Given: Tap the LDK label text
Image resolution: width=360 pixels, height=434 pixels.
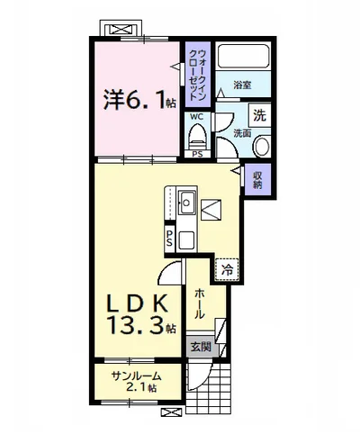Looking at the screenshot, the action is [x=138, y=303].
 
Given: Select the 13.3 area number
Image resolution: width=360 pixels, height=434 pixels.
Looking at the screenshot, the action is [x=137, y=325].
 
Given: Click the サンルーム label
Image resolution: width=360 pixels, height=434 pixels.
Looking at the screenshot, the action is [x=137, y=375].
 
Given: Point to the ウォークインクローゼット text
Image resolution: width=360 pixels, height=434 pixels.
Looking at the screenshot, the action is [x=198, y=75].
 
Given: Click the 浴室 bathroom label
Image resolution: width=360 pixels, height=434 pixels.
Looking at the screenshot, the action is [x=242, y=85].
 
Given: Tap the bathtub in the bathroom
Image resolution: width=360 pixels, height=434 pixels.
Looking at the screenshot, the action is [x=243, y=57].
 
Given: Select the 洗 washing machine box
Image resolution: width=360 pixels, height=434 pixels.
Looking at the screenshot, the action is [x=259, y=115].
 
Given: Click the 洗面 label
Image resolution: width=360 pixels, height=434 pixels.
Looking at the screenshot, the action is [x=242, y=133].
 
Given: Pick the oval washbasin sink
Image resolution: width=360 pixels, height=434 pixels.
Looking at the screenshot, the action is [x=262, y=146].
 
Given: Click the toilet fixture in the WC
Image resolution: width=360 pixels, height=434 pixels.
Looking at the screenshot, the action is [x=197, y=137].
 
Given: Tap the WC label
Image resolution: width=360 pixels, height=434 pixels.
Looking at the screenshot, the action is [x=197, y=116].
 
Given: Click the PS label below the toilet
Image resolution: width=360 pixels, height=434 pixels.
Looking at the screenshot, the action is [x=197, y=154].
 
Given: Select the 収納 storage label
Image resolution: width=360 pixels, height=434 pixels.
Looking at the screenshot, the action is [x=257, y=180].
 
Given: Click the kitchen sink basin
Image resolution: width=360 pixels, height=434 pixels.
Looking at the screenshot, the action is [x=186, y=203].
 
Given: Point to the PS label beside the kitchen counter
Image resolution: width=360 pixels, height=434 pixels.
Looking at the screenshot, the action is [x=169, y=239].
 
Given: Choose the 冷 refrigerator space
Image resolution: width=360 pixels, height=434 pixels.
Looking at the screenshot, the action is [x=227, y=270].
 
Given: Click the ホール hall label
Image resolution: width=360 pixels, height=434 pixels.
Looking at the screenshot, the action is [x=200, y=303].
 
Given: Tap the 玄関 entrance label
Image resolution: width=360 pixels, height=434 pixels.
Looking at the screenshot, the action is [x=201, y=348].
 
